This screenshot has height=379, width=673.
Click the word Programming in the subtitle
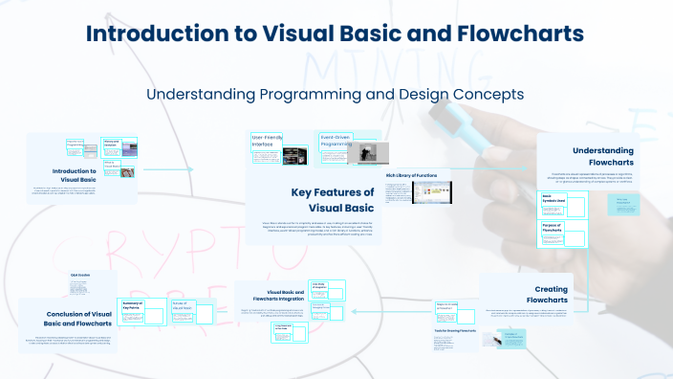click(x=278, y=95)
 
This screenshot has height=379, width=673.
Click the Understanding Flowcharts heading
click(x=603, y=156)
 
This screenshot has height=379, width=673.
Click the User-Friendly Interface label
click(x=268, y=142)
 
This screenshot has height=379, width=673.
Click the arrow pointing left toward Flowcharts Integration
click(x=382, y=310)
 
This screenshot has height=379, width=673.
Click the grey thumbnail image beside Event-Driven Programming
click(x=376, y=152)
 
